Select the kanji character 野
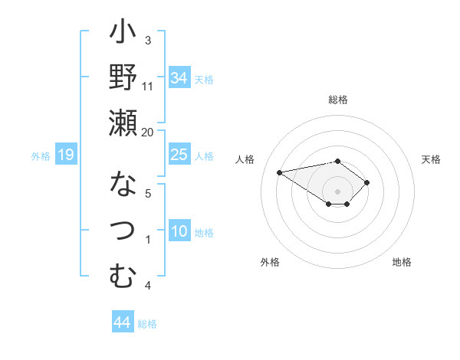(123, 77)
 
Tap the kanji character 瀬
(123, 123)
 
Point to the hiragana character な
(123, 185)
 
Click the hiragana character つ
(123, 231)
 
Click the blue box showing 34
(179, 77)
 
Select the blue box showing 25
(179, 155)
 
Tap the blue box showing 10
(179, 231)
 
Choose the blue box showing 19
(65, 155)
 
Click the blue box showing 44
(122, 322)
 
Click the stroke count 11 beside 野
(148, 86)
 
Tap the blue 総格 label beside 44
(147, 324)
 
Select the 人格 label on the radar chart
(245, 159)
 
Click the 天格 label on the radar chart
(431, 159)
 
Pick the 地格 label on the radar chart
(402, 262)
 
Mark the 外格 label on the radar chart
(270, 262)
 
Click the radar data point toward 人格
(280, 172)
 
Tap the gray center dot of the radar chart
(337, 191)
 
